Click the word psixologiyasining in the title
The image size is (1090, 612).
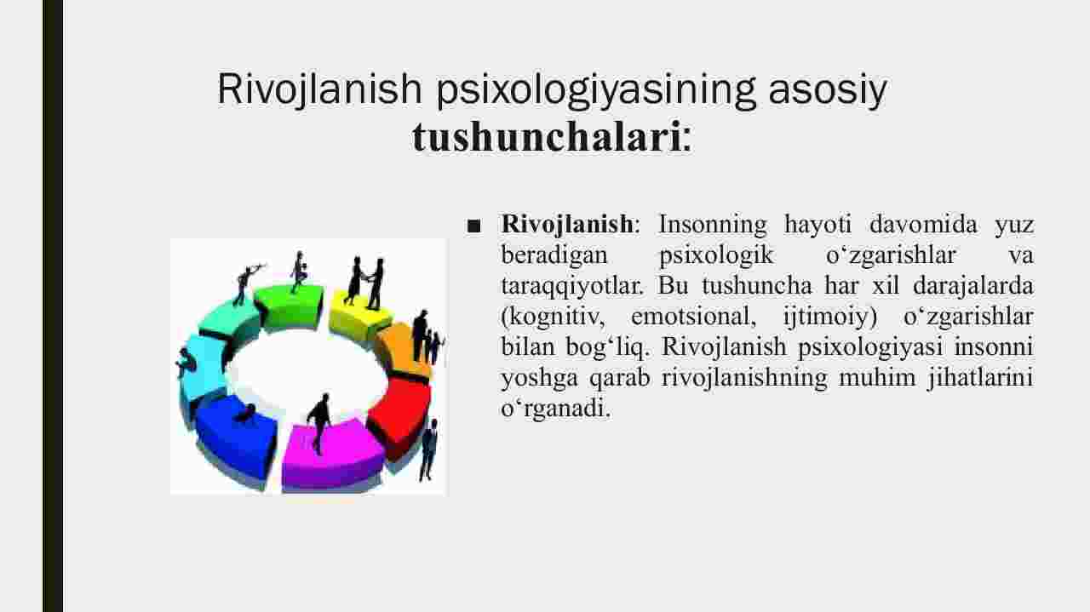point(596,90)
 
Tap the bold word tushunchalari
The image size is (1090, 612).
point(547,137)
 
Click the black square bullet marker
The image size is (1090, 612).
point(473,226)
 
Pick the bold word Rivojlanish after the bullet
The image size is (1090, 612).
point(567,224)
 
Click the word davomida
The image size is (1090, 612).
point(923,224)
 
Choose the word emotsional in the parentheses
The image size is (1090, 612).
point(693,317)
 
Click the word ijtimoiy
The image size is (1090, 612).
point(829,317)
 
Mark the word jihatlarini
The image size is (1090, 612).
point(980,378)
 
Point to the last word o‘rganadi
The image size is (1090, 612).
point(555,409)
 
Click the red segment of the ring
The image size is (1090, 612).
point(399,414)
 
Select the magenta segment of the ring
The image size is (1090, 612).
point(333,455)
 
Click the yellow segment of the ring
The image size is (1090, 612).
point(359,317)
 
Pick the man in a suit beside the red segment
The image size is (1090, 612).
point(428,450)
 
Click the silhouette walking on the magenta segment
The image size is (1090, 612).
point(319,423)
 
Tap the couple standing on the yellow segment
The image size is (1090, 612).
point(364,283)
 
